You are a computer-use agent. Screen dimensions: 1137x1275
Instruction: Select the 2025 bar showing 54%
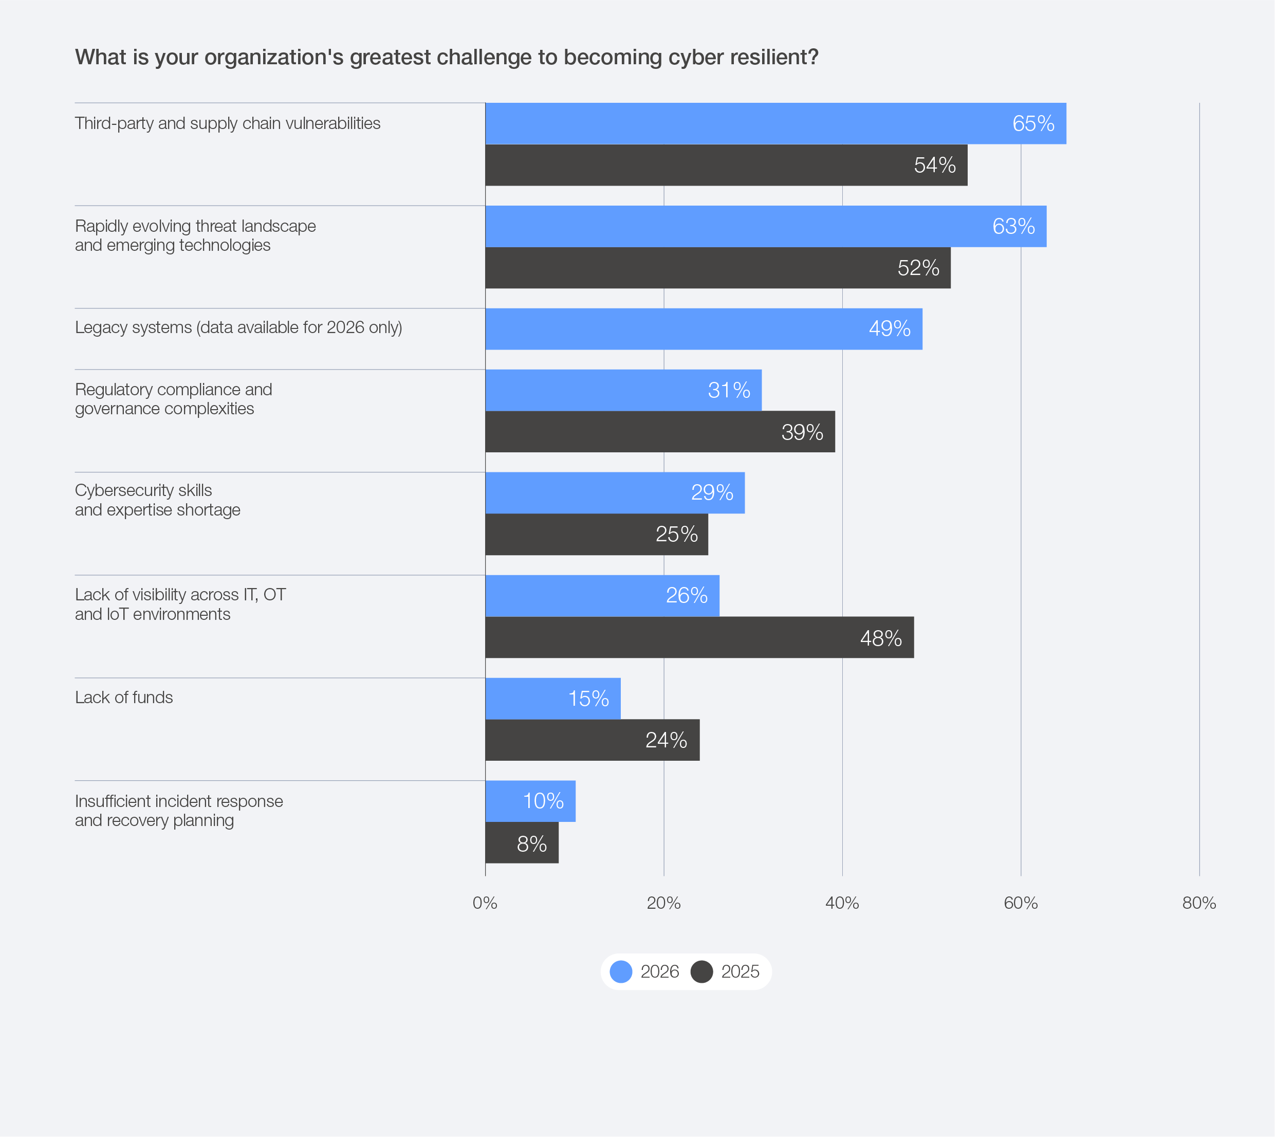[726, 166]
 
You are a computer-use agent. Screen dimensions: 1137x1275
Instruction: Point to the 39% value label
[802, 432]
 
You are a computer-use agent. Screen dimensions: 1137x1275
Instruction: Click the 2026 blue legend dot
[621, 971]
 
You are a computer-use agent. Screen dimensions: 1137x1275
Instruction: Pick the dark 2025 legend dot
[701, 971]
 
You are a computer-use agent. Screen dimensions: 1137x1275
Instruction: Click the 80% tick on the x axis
[1199, 903]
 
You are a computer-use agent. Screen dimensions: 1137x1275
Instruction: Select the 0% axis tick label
[485, 903]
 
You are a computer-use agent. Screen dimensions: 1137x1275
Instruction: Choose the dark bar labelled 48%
[699, 638]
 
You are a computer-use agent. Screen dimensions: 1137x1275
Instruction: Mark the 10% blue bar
[530, 801]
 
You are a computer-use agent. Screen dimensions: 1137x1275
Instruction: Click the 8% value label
[531, 845]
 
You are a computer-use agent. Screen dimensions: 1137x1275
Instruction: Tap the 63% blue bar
[765, 227]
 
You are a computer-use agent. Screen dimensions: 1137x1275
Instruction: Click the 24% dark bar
[592, 740]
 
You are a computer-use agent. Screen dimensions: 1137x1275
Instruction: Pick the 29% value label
[712, 493]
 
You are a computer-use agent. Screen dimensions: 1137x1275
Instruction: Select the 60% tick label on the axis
[1020, 903]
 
